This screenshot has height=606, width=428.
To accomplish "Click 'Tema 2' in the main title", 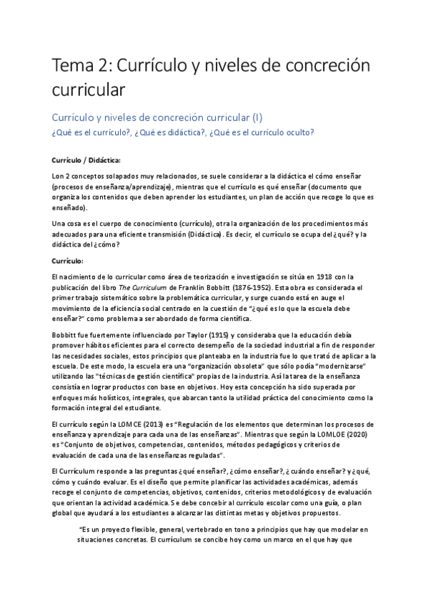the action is [x=79, y=66].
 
